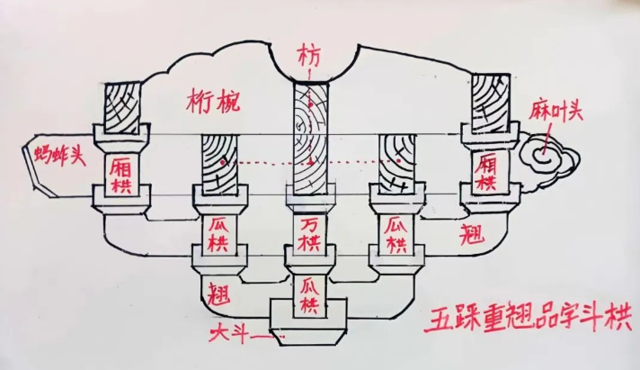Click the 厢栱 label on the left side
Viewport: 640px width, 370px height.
pyautogui.click(x=120, y=173)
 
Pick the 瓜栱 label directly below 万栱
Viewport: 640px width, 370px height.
pyautogui.click(x=308, y=297)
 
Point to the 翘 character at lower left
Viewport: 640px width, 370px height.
pyautogui.click(x=217, y=293)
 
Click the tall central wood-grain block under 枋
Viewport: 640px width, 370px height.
pyautogui.click(x=307, y=140)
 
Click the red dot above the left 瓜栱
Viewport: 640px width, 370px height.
pyautogui.click(x=220, y=163)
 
